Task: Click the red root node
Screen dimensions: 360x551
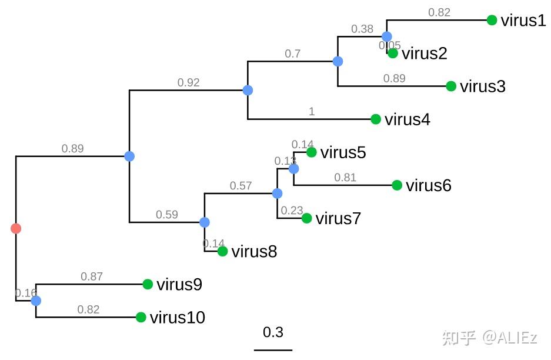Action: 16,228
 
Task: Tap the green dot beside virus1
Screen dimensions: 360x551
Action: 492,21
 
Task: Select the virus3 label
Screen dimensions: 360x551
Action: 482,86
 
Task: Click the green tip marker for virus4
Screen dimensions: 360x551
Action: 376,119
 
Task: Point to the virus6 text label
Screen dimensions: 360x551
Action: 428,186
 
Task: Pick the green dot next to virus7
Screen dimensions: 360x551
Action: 306,218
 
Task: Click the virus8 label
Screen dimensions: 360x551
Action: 254,252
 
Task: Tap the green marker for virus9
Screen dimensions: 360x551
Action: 148,284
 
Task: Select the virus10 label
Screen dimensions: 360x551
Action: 177,318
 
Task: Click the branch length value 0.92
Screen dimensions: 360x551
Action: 188,82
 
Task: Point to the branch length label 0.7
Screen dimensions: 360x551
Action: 292,54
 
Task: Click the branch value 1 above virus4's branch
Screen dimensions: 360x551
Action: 312,111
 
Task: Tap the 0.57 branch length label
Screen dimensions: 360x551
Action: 241,186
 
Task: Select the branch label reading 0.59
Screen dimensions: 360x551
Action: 166,214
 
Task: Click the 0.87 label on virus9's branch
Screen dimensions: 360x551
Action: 91,276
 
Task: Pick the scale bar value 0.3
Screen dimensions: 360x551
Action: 273,332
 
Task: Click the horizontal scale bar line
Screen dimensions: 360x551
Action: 273,350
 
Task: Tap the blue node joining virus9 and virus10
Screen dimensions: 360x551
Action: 36,301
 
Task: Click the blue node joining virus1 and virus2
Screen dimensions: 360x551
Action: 386,36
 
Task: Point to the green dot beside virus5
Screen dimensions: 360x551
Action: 312,152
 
